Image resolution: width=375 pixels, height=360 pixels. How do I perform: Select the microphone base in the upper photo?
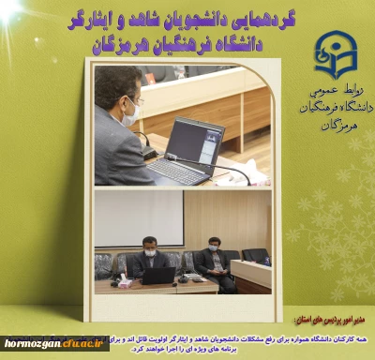click(x=150, y=154)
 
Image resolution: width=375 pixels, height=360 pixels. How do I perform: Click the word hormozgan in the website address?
click(x=32, y=344)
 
